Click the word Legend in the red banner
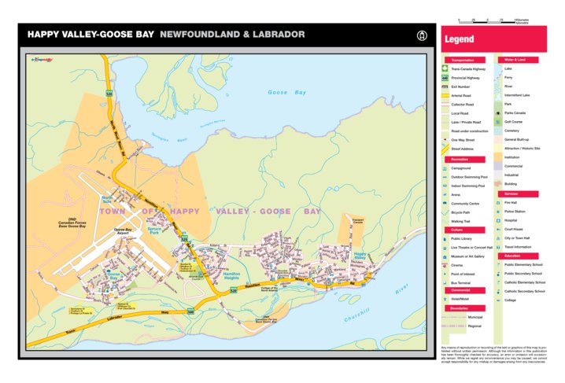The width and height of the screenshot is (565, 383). click(x=460, y=39)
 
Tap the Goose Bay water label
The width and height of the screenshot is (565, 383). click(x=287, y=93)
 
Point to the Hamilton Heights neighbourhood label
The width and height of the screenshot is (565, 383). click(x=231, y=276)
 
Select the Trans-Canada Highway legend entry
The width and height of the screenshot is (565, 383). click(x=467, y=69)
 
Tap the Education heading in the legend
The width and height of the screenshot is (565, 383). click(x=513, y=256)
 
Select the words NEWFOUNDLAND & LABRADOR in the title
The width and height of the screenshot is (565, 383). click(x=232, y=35)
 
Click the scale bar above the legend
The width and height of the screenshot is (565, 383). click(x=495, y=21)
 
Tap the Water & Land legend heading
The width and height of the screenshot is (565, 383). click(x=515, y=60)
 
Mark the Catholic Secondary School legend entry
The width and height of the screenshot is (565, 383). click(x=525, y=291)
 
